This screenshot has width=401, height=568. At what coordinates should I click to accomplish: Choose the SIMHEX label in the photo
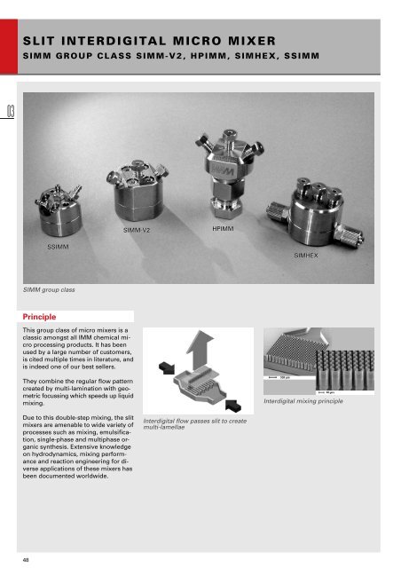[306, 254]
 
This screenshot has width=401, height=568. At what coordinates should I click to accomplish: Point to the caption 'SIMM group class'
[49, 289]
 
